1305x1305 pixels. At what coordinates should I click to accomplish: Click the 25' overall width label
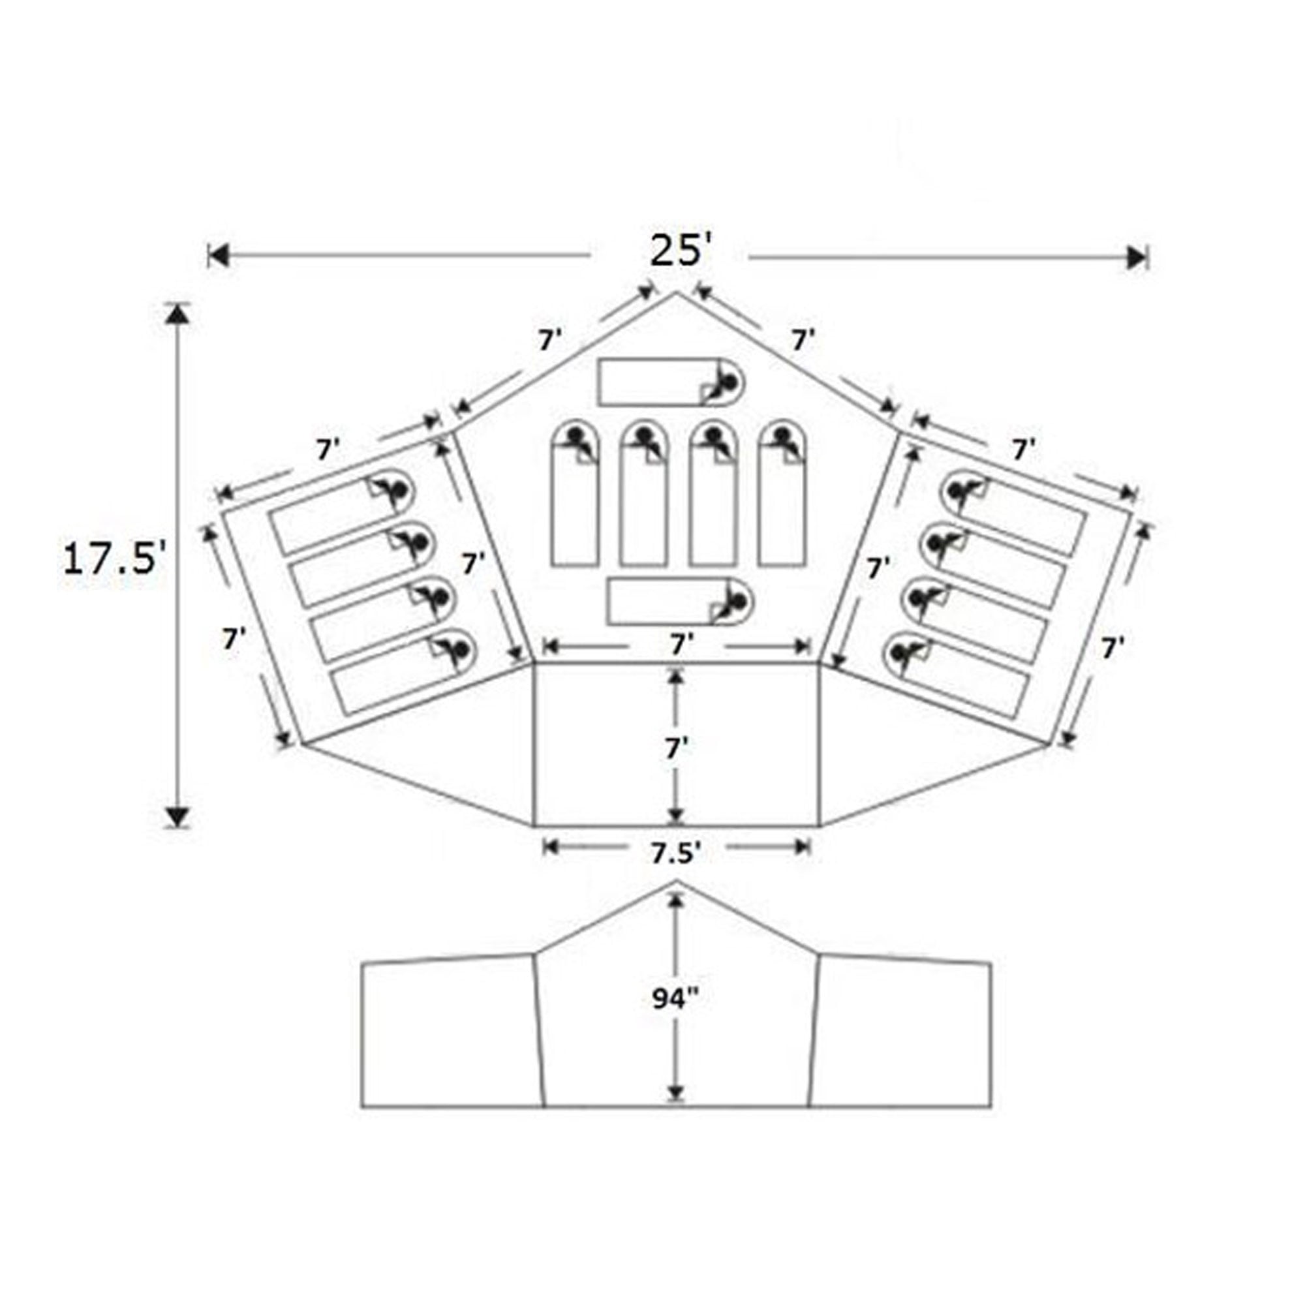(681, 252)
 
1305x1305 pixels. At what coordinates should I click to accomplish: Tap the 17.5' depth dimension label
(115, 560)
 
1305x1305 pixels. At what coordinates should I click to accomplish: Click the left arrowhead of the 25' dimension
(217, 256)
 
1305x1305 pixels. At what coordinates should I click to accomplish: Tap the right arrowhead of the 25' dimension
(1137, 256)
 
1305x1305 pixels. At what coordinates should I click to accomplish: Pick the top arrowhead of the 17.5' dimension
(177, 315)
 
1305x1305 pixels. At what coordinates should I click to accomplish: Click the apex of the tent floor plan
(677, 292)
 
